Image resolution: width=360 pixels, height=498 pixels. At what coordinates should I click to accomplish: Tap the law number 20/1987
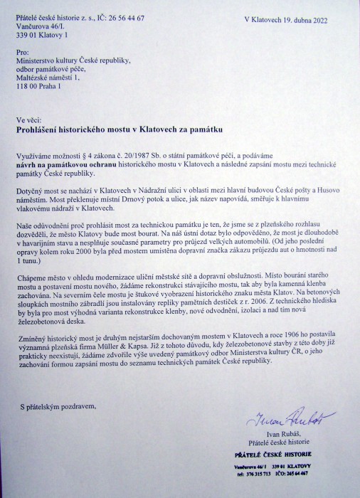[139, 154]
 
